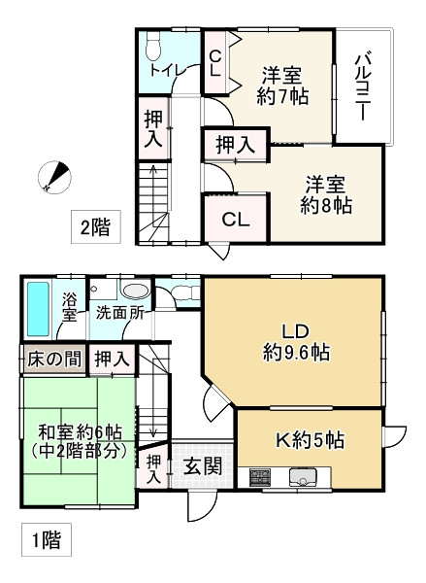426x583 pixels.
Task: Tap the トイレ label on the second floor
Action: click(x=161, y=71)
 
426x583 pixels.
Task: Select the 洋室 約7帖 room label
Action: click(x=281, y=86)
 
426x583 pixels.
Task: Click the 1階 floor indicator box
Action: click(x=44, y=539)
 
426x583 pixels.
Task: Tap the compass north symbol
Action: click(x=55, y=175)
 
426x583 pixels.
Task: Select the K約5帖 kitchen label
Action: click(x=308, y=440)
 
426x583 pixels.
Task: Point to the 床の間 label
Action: click(x=51, y=358)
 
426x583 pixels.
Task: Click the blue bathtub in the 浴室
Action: click(x=38, y=308)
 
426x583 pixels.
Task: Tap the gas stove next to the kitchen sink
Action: click(x=260, y=477)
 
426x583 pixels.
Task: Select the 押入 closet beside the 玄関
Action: click(x=154, y=468)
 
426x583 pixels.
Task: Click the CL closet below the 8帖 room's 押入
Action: click(x=236, y=220)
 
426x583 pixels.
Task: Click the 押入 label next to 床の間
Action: click(x=111, y=359)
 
